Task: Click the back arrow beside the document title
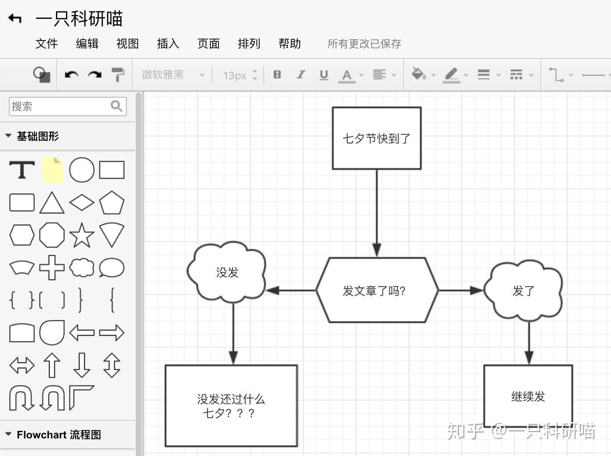coord(15,18)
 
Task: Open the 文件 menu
coord(47,44)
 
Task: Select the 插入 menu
coord(168,44)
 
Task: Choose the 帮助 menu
coord(289,44)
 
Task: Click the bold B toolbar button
coord(277,75)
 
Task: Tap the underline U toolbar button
coord(324,75)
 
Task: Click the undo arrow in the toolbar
coord(71,75)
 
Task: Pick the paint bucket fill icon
coord(418,74)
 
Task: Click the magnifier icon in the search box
coord(117,106)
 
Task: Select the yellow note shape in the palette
coord(52,170)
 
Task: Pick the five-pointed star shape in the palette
coord(82,235)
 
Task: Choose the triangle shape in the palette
coord(52,203)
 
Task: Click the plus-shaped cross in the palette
coord(52,268)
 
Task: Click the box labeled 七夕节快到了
coord(376,138)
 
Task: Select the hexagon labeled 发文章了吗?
coord(377,291)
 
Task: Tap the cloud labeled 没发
coord(227,272)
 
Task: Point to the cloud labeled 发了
coord(523,291)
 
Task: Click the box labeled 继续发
coord(528,396)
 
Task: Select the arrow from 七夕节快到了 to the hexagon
coord(377,211)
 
